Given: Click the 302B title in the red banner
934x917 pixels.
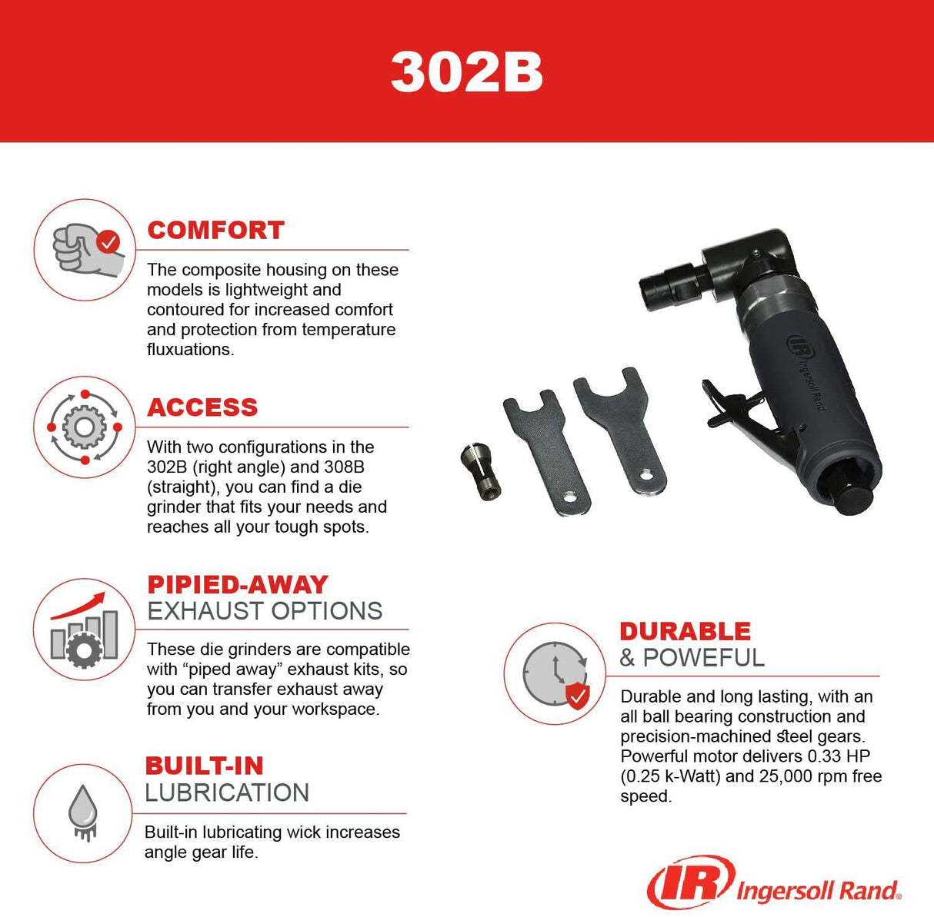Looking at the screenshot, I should pos(466,72).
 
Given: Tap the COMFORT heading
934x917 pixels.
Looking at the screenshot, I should pos(215,230).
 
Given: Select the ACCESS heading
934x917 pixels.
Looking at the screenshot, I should pos(202,407).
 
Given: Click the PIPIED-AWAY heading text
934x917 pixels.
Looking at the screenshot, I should pos(238,584).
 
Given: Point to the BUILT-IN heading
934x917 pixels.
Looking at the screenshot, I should pos(204,766).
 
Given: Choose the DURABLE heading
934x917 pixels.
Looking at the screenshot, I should pos(685,631).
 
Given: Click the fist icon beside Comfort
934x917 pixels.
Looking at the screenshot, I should pos(85,249).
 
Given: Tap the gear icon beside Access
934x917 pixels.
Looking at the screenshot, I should pos(85,427).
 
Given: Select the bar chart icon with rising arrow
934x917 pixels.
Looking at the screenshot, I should pos(85,630).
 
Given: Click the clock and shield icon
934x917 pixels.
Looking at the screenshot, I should pos(555,674).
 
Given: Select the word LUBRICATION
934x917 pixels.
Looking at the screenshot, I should pos(227,792).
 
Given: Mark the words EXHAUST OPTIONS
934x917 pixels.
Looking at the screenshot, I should pos(265,611).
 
